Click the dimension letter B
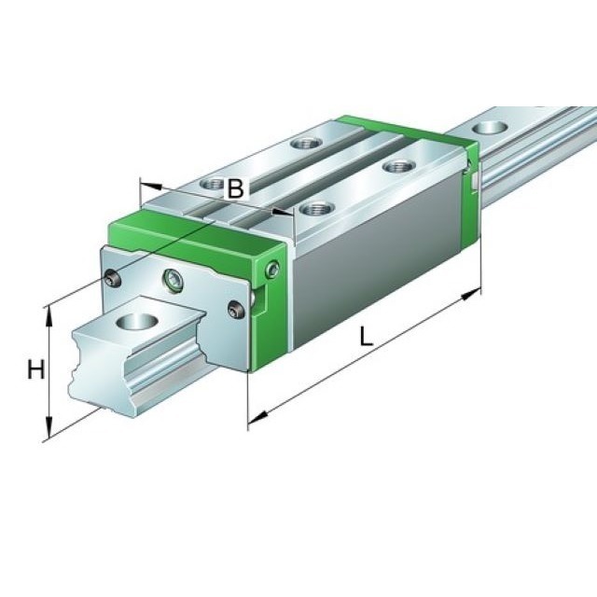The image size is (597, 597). pyautogui.click(x=236, y=187)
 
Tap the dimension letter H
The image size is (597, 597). pyautogui.click(x=35, y=370)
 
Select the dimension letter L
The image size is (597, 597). pyautogui.click(x=367, y=337)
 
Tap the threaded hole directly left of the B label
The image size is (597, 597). pyautogui.click(x=214, y=184)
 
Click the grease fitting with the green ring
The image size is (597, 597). pyautogui.click(x=173, y=278)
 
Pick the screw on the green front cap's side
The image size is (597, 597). pyautogui.click(x=272, y=270)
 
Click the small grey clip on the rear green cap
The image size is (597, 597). pyautogui.click(x=475, y=177)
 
